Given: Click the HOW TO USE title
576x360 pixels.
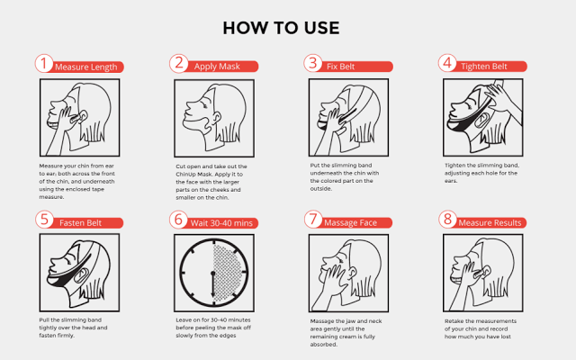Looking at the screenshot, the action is (x=281, y=28).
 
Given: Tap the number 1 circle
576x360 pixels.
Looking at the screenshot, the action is (x=44, y=63).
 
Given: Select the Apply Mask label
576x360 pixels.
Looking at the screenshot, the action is (x=217, y=67).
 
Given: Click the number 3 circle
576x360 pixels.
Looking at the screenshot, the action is (x=313, y=63).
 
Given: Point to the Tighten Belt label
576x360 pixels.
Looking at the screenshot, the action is (x=484, y=67).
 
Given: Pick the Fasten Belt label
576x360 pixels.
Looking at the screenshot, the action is (x=80, y=223).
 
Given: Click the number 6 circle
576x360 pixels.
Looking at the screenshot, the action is (x=178, y=220).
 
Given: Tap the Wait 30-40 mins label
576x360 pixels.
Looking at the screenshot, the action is (x=221, y=223).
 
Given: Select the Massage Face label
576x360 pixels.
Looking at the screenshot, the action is (x=350, y=223).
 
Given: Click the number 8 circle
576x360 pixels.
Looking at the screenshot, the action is (x=447, y=220).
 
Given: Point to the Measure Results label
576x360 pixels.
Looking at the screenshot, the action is (x=490, y=223).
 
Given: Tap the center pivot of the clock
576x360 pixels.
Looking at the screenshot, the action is (x=213, y=274).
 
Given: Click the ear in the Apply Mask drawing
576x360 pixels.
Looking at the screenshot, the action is (x=216, y=118).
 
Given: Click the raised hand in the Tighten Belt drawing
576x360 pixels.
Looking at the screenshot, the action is (x=498, y=92).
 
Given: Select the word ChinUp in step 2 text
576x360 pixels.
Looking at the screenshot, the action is (x=185, y=175).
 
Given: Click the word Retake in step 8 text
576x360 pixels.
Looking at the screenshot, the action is (x=454, y=321).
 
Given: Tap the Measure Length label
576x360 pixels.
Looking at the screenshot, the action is (x=86, y=67).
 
